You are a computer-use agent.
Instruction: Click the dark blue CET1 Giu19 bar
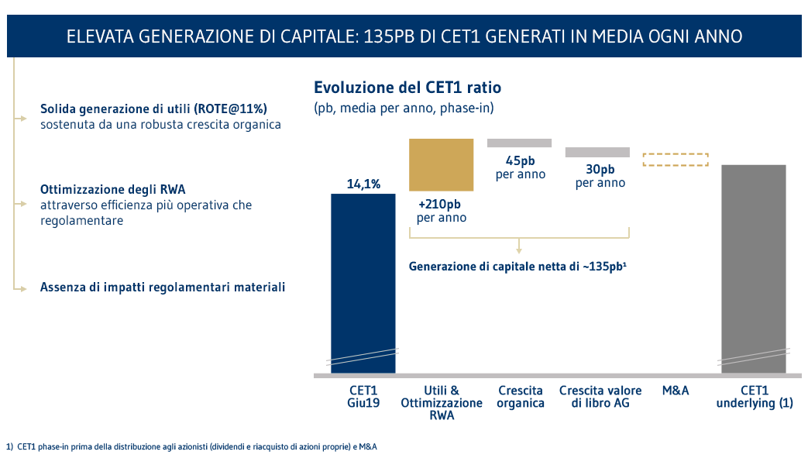click(363, 279)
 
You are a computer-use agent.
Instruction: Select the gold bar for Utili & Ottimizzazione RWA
click(442, 164)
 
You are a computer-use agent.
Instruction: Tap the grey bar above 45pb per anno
click(519, 143)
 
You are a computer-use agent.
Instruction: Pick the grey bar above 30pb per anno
click(597, 152)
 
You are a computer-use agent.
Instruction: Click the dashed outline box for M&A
click(676, 160)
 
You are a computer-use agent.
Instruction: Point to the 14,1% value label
click(363, 184)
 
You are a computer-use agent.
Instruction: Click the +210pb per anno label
click(442, 211)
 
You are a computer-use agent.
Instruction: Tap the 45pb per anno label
click(520, 167)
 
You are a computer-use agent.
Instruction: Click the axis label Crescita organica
click(520, 397)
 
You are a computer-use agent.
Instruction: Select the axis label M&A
click(676, 391)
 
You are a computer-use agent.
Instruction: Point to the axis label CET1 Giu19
click(363, 397)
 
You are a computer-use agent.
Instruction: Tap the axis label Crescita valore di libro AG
click(600, 397)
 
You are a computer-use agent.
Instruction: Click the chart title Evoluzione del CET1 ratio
click(407, 88)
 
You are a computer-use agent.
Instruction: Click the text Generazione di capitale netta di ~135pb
click(517, 267)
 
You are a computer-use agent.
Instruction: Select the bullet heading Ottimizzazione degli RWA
click(113, 189)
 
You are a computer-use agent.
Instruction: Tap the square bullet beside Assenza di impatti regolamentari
click(24, 288)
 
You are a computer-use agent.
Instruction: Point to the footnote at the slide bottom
click(191, 447)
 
